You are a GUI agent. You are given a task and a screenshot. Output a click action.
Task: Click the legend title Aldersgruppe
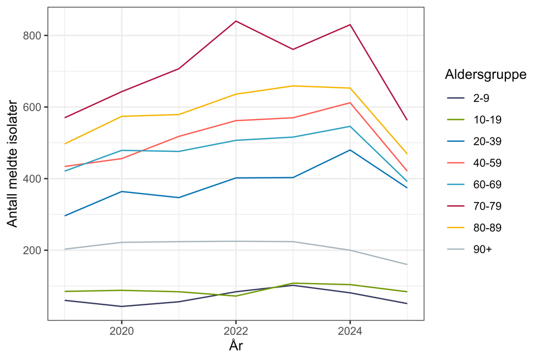coord(486,75)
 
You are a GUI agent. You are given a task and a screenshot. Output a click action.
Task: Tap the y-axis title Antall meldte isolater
coord(12,164)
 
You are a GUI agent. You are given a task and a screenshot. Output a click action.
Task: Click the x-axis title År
coord(236,346)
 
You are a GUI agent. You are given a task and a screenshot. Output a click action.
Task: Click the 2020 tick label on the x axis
coord(121,330)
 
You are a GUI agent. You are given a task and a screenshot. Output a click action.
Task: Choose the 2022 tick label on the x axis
coord(235,330)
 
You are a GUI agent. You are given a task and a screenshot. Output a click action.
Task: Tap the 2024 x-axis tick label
coord(350,330)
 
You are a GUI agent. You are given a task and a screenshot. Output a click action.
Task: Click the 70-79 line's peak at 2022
coord(235,21)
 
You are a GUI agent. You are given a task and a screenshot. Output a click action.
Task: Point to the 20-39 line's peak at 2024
coord(350,150)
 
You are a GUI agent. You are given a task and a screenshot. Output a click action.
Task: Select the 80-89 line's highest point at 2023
coord(293,86)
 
